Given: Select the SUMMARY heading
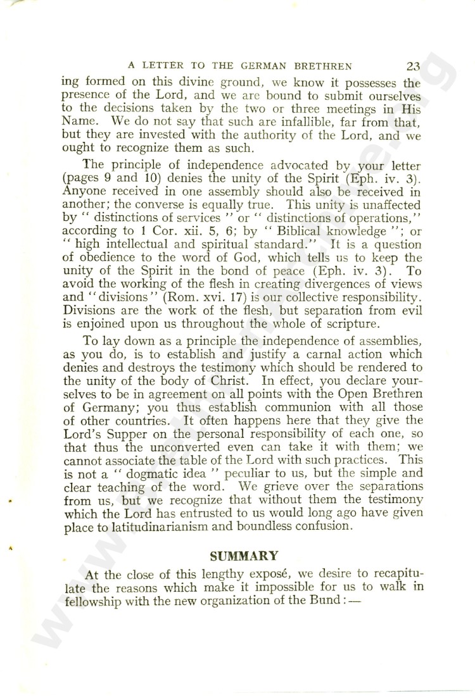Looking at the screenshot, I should point(244,556).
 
